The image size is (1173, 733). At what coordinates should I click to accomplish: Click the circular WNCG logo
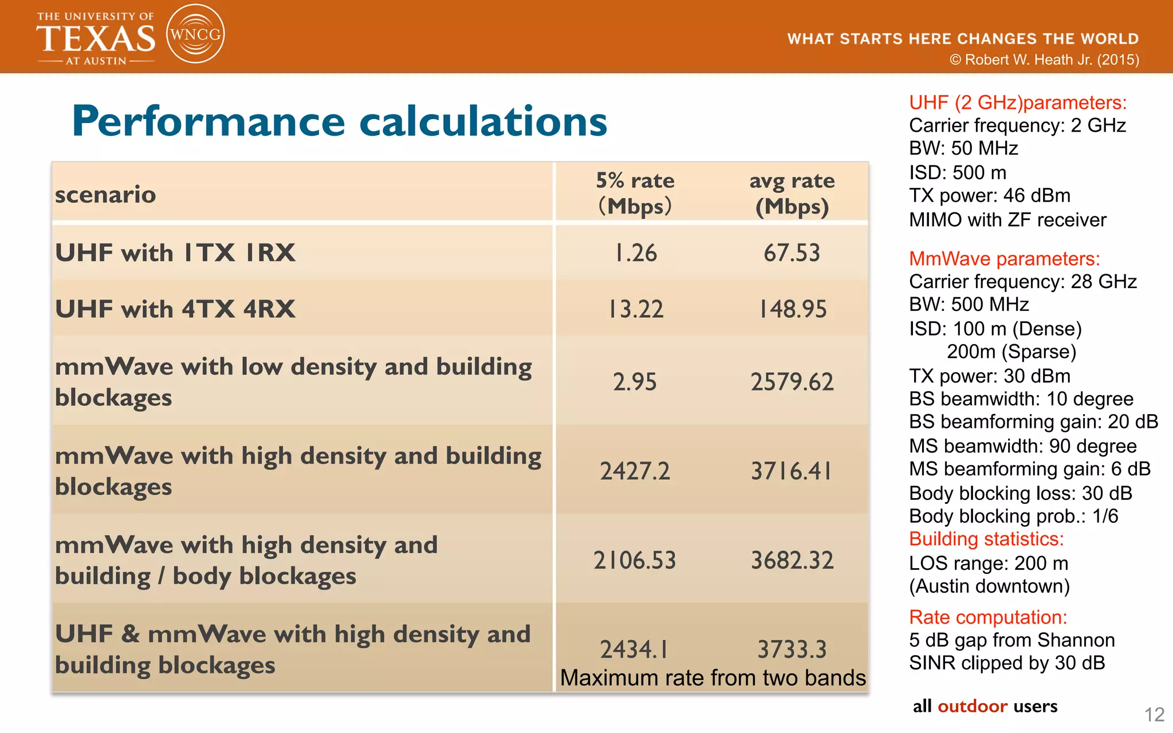click(195, 34)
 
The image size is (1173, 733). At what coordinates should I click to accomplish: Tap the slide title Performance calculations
click(339, 121)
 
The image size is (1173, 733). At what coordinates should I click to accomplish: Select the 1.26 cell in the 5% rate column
click(635, 253)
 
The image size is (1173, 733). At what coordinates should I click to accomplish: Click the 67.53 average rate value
click(792, 253)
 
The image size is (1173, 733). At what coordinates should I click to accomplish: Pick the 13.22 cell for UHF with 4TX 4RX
click(635, 309)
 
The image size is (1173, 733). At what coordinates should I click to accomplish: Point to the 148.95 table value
click(793, 309)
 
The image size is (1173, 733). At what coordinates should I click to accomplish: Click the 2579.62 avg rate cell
click(792, 382)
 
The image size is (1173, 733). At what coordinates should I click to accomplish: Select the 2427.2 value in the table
click(635, 471)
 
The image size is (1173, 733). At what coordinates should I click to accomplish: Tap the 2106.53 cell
click(635, 560)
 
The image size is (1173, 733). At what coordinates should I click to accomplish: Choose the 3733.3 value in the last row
click(792, 649)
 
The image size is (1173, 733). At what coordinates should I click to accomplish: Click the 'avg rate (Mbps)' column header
click(792, 194)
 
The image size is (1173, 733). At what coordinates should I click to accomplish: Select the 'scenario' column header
click(105, 195)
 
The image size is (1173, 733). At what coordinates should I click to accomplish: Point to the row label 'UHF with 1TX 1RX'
click(175, 253)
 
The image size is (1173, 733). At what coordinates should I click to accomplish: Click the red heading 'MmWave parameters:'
click(1004, 259)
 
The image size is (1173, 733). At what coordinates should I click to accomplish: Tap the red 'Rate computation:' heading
click(988, 617)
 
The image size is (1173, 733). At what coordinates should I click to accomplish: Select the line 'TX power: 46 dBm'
click(989, 196)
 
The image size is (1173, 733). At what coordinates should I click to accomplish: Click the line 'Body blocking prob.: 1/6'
click(1013, 516)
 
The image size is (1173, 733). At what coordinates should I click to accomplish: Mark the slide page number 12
click(1154, 714)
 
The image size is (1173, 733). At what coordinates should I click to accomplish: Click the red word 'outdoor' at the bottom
click(973, 706)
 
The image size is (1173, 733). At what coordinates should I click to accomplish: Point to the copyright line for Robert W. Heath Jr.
click(1044, 60)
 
